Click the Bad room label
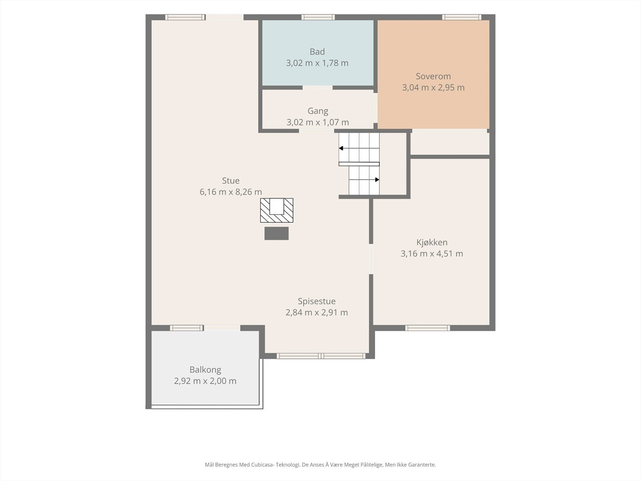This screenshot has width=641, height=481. [317, 52]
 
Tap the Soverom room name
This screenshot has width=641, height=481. [433, 76]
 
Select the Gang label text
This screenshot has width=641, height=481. [318, 111]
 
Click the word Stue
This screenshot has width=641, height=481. [231, 180]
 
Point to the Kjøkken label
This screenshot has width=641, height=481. [432, 243]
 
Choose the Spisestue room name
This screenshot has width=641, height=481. [316, 301]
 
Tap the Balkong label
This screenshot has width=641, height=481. [205, 370]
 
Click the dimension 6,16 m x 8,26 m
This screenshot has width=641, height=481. [231, 192]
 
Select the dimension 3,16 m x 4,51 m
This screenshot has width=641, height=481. [432, 253]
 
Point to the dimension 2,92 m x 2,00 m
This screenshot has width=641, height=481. [205, 381]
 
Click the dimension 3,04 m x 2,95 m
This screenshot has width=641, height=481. [433, 88]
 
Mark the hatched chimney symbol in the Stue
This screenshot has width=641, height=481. [277, 210]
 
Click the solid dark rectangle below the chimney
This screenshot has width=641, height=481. [276, 233]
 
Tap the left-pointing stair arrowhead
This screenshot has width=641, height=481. [341, 148]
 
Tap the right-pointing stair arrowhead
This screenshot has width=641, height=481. [377, 180]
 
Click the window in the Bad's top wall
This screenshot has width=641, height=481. [318, 17]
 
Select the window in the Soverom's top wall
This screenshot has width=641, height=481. [462, 17]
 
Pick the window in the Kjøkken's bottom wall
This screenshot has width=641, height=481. [427, 328]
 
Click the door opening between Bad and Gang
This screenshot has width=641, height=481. [317, 88]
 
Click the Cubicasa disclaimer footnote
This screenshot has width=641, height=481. [320, 465]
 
